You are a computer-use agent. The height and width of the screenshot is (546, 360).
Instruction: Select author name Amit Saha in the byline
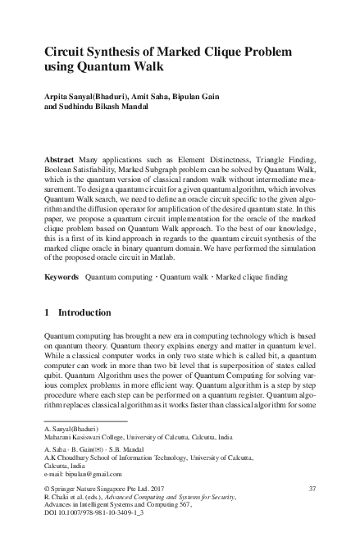pos(152,95)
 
